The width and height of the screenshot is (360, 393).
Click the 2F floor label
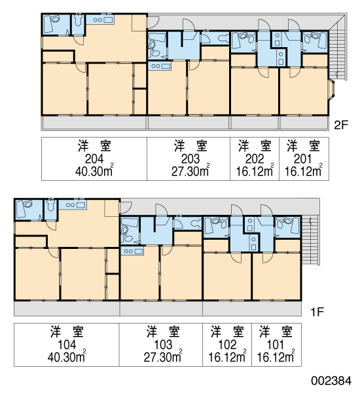341,124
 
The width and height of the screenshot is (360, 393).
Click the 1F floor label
317,312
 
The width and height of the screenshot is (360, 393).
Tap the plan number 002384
331,381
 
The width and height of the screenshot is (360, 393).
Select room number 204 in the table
94,159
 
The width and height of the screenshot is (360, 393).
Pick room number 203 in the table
190,159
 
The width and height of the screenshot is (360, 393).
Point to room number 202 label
255,159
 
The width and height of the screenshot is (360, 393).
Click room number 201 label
302,159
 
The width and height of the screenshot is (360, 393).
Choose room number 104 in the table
67,345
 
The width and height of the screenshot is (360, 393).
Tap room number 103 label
163,345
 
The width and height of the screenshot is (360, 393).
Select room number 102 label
227,345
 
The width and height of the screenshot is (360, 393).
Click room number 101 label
276,345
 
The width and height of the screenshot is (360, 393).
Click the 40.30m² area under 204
94,171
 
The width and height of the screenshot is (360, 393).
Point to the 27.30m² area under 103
163,357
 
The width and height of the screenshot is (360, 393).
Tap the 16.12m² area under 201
304,171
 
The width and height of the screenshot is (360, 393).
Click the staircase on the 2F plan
338,48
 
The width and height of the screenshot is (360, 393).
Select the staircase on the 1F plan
310,240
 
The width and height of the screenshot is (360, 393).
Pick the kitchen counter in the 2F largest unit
100,20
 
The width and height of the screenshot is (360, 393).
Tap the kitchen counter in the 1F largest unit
73,205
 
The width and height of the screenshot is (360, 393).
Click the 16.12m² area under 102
227,357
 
